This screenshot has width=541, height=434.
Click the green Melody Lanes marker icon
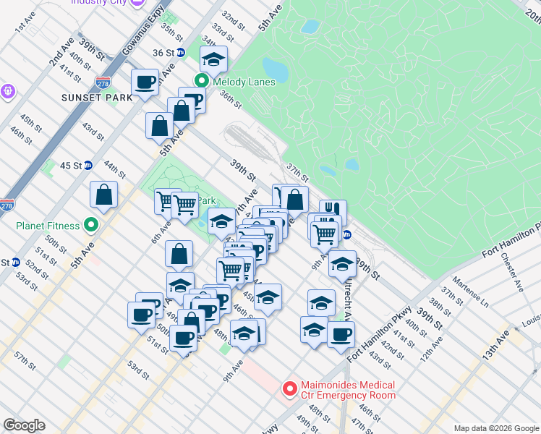[205, 82]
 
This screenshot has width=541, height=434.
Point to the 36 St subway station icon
[181, 53]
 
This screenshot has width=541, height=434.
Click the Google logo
[24, 425]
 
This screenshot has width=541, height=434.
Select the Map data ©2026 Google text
[495, 428]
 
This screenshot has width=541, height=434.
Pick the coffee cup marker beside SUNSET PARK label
[145, 81]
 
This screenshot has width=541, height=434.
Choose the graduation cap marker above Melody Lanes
[213, 59]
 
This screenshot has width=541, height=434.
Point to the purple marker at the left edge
[8, 92]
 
